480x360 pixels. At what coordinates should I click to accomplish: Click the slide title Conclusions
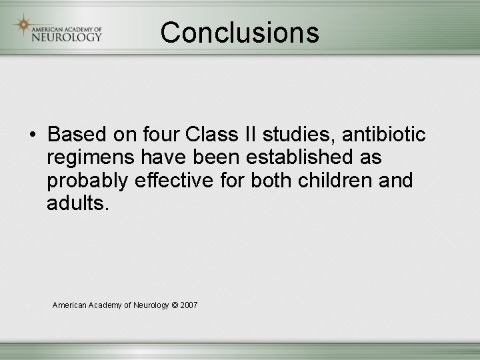click(x=239, y=32)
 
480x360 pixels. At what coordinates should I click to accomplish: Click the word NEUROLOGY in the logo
click(x=67, y=37)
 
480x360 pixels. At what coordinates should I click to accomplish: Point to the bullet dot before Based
click(x=32, y=135)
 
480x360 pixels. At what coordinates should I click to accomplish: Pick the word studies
click(x=299, y=135)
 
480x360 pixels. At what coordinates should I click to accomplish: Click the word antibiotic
click(x=384, y=135)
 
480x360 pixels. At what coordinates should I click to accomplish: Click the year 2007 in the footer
click(x=189, y=305)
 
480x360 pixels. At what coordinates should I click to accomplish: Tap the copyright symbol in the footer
click(x=175, y=305)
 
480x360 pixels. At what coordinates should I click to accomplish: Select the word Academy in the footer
click(x=105, y=305)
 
